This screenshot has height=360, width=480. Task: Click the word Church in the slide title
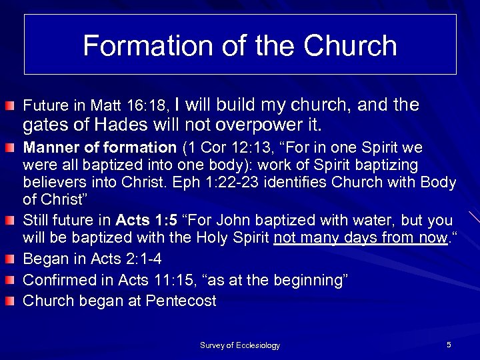pos(351,45)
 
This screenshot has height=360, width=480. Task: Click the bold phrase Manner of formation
pos(99,147)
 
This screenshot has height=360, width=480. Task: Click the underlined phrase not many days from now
pos(360,237)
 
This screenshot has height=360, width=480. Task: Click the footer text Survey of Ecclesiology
pos(240,345)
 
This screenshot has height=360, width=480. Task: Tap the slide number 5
pos(449,345)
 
